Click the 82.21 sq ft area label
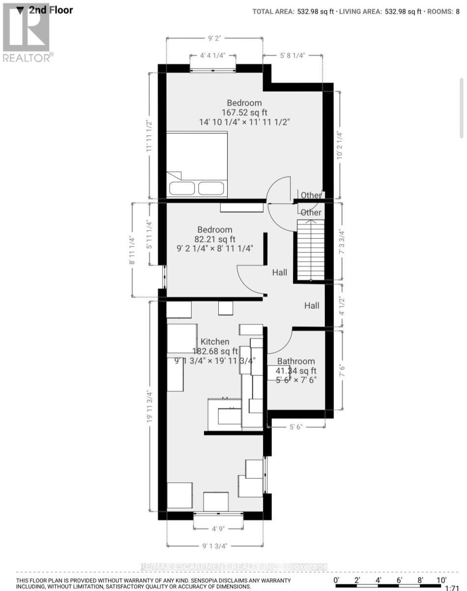pos(215,239)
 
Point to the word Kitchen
pos(214,342)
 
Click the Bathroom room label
pos(296,361)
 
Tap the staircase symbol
pos(311,250)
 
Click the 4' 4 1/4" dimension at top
pos(212,56)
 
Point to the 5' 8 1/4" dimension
pos(292,56)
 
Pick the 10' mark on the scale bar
pos(441,579)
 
